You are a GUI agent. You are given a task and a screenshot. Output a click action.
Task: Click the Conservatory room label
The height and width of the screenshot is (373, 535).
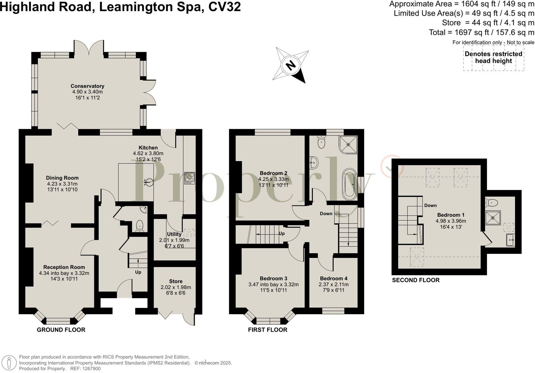click(87, 86)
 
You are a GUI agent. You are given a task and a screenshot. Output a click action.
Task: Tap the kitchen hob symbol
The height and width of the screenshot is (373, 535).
click(190, 178)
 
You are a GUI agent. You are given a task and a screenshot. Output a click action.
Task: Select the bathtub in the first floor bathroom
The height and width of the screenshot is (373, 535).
click(350, 184)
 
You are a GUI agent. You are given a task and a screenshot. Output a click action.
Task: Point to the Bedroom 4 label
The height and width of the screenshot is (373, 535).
click(334, 279)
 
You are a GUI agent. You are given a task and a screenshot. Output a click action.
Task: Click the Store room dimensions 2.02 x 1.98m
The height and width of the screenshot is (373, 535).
click(176, 287)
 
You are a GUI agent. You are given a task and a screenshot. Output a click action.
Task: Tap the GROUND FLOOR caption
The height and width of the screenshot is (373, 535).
click(61, 330)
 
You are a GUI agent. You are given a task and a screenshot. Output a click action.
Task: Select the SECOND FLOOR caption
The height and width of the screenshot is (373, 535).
click(416, 280)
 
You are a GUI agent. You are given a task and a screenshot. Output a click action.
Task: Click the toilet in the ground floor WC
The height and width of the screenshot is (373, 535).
click(140, 226)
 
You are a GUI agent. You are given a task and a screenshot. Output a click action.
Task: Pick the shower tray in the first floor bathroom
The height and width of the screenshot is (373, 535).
click(348, 144)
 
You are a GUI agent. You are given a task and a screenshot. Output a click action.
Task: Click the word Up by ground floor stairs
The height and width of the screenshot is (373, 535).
click(138, 272)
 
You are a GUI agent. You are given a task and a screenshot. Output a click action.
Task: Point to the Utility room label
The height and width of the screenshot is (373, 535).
click(174, 234)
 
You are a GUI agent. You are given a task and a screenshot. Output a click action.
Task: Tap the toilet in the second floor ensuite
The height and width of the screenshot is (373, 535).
click(492, 203)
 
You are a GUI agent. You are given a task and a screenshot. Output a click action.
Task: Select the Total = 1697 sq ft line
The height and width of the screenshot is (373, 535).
click(481, 33)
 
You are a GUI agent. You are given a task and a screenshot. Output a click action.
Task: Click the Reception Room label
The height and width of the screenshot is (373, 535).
click(64, 267)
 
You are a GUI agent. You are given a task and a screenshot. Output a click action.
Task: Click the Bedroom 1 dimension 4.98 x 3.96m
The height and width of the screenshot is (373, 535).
click(451, 221)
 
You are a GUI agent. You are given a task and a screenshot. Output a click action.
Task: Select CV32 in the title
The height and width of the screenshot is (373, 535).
click(224, 7)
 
